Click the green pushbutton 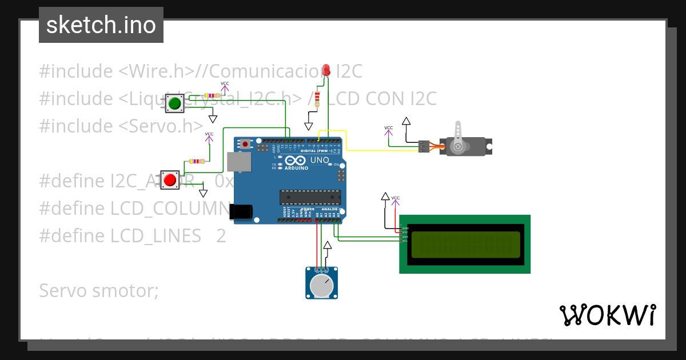coord(174,103)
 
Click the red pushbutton coord(170,180)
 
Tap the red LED coord(326,70)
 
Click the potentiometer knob coord(321,285)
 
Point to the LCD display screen coord(465,244)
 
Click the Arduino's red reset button coord(246,144)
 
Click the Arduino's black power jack coord(241,211)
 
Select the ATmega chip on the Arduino coord(310,197)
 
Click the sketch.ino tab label coord(101,25)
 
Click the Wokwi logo coord(607,315)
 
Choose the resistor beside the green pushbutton coord(211,96)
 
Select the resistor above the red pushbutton coord(197,162)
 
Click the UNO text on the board coord(319,161)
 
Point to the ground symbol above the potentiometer coord(327,246)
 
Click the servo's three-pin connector coord(424,147)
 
